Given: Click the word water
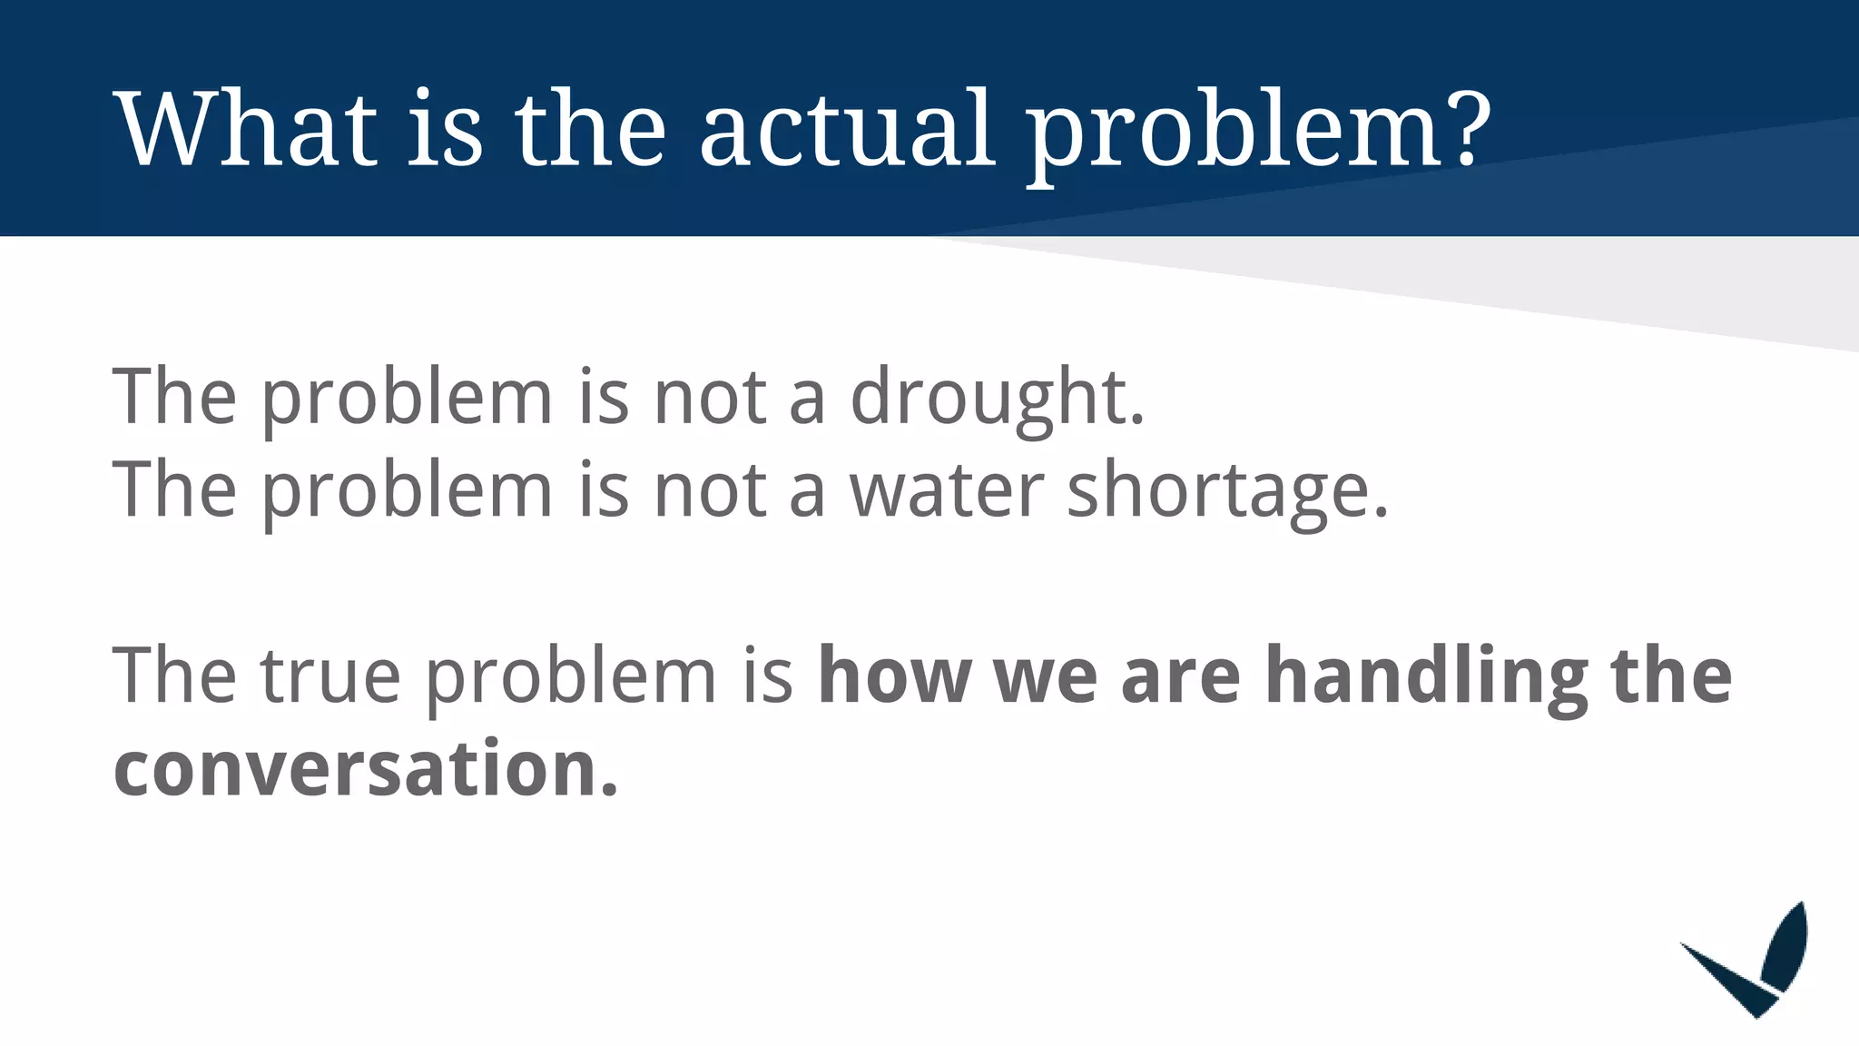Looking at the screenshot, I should pos(947,490).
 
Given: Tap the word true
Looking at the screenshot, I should pos(330,676).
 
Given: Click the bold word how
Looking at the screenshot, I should pos(894,676).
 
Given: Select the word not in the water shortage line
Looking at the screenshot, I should pos(710,490).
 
